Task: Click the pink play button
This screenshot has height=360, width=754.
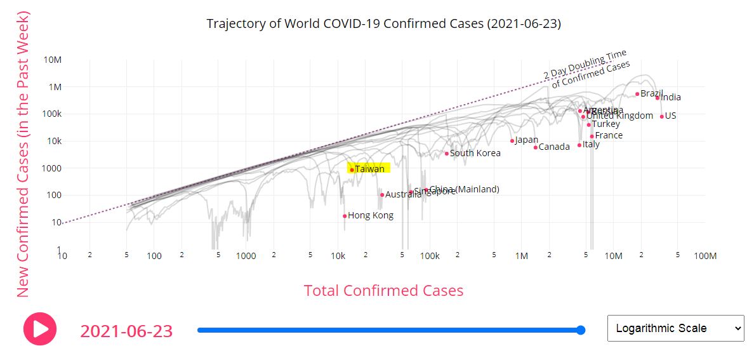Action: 40,329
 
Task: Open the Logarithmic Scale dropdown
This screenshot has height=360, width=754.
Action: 675,328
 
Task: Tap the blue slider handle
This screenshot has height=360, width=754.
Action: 580,330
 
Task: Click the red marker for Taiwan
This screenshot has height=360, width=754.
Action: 352,170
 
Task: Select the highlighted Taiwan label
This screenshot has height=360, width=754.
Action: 369,169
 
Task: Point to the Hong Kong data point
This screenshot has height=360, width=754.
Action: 345,216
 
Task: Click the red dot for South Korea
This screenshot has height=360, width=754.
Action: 447,154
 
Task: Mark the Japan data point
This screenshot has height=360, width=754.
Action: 512,141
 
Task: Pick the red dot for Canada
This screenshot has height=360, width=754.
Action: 536,147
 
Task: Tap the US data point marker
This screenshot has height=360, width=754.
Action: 661,116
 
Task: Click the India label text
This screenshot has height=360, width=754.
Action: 671,97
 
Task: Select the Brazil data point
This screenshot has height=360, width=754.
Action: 637,94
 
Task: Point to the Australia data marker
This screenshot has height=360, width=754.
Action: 382,195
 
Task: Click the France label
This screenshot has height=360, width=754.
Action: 609,135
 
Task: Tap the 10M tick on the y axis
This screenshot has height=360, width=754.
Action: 52,60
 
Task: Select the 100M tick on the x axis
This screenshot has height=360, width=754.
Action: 704,256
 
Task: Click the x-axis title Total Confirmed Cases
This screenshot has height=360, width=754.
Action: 383,291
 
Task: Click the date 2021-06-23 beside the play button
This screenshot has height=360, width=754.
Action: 126,331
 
